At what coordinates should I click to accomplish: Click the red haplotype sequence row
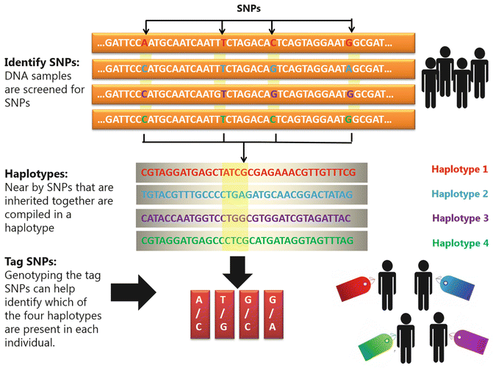click(x=246, y=172)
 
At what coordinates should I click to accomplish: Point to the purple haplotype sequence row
click(x=246, y=218)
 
